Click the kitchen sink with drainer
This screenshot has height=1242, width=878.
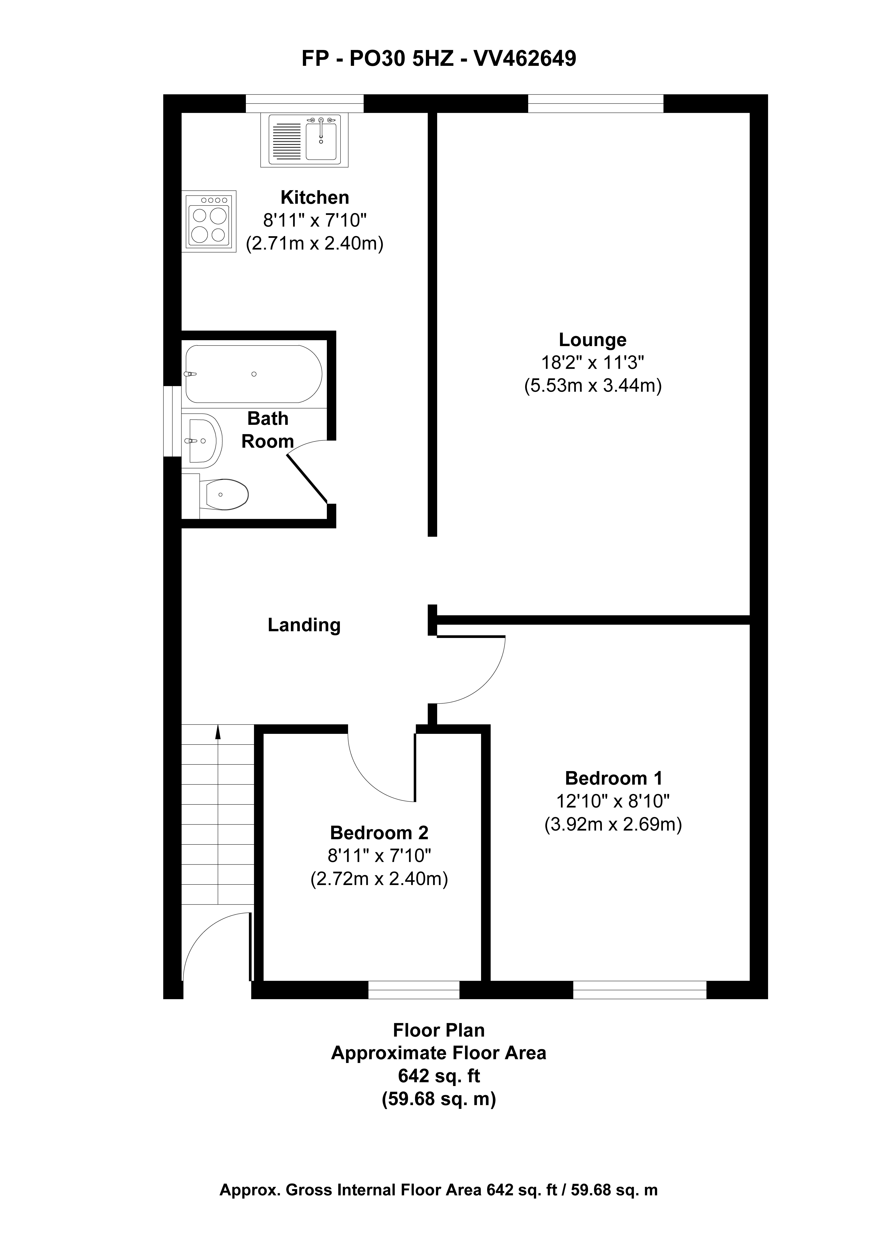point(304,140)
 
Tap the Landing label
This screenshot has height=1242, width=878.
point(304,625)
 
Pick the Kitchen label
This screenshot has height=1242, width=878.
point(314,197)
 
